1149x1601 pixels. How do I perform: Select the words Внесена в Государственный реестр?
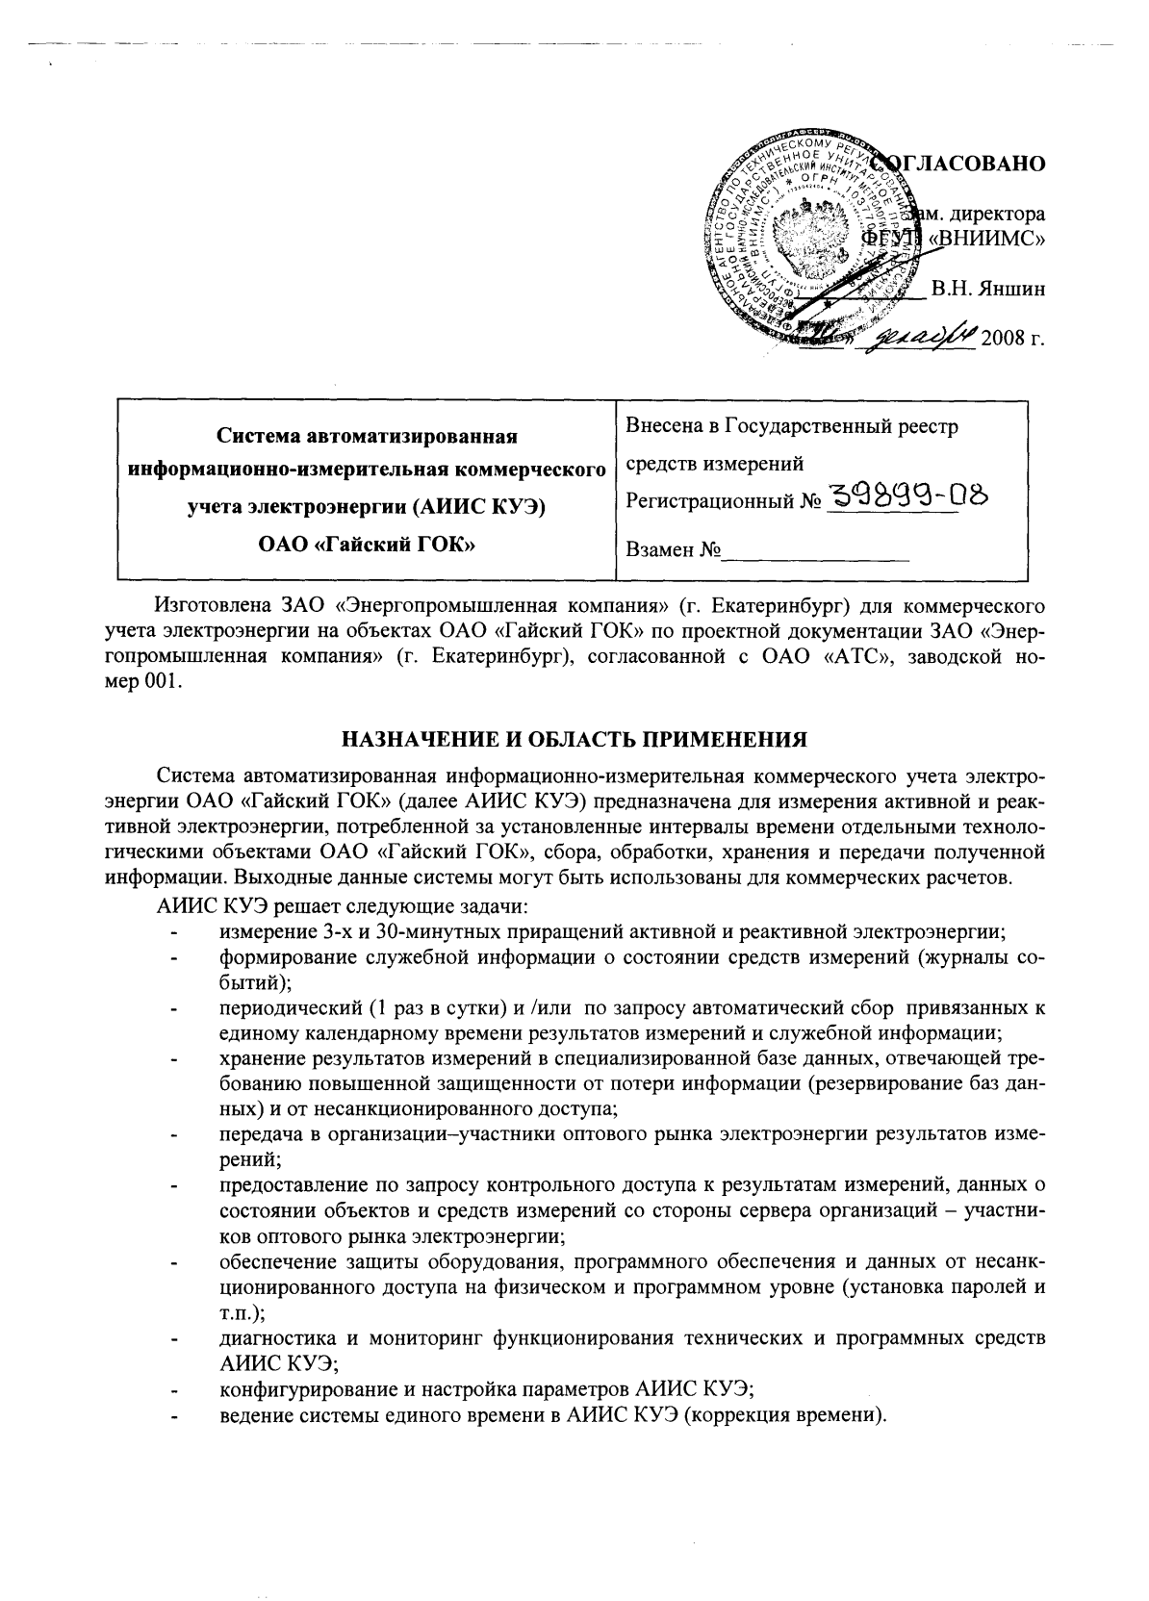pyautogui.click(x=792, y=426)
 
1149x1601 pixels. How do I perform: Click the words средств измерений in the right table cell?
pyautogui.click(x=714, y=465)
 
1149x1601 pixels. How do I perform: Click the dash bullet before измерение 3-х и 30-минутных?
pyautogui.click(x=173, y=931)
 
